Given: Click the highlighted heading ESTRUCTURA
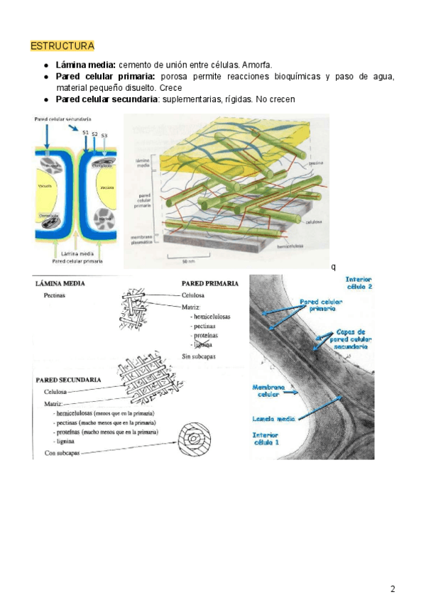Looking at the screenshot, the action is click(62, 46).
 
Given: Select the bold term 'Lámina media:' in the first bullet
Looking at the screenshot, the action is click(86, 65).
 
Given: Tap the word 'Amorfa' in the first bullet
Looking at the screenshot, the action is click(257, 65).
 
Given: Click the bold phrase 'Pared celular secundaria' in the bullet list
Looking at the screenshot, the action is click(107, 99).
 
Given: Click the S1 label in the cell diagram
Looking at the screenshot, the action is click(85, 133).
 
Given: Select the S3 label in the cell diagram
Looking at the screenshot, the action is click(104, 136).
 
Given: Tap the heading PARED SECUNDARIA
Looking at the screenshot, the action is click(68, 381).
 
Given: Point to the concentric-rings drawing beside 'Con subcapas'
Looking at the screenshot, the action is click(194, 441).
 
